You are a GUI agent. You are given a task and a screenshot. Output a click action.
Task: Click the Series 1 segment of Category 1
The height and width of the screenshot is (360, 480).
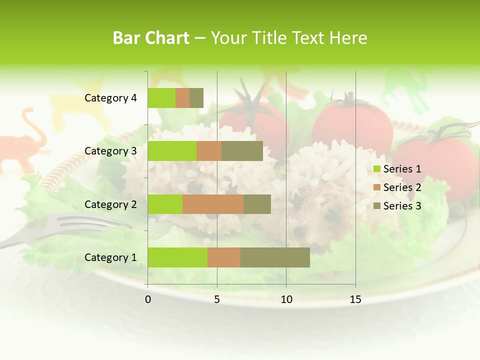tap(177, 257)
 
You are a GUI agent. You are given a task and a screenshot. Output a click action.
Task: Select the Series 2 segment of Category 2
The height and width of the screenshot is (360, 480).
tap(213, 204)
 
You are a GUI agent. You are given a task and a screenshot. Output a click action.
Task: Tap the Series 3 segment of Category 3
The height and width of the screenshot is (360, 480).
tap(242, 151)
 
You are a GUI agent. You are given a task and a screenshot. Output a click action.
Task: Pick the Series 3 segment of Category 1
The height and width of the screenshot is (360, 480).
tap(275, 257)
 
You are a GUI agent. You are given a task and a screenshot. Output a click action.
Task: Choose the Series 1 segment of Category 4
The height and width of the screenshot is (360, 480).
tap(161, 98)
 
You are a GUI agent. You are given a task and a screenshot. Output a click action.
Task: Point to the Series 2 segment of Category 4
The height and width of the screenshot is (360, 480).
tap(182, 98)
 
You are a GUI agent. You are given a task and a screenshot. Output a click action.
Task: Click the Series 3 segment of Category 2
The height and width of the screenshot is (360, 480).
tap(257, 204)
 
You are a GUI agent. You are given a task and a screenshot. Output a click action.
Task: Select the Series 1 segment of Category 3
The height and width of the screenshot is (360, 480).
tap(172, 151)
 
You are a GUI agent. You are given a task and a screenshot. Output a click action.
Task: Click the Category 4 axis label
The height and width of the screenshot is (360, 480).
tap(110, 98)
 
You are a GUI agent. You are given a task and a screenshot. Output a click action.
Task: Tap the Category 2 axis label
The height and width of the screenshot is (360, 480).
tap(110, 204)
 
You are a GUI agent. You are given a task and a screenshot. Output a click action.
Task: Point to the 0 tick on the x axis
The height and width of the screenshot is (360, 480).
tap(148, 299)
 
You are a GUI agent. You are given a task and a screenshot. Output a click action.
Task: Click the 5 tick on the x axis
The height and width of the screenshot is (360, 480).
tap(217, 299)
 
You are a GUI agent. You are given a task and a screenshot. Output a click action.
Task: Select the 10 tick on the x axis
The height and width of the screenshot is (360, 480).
tap(286, 299)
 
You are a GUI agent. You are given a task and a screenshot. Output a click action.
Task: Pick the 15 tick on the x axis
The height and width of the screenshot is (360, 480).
tap(355, 299)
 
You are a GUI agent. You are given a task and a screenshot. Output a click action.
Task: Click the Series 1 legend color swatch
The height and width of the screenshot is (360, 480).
tap(376, 169)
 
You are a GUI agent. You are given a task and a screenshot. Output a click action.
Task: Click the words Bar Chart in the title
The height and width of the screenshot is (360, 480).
tap(151, 38)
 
